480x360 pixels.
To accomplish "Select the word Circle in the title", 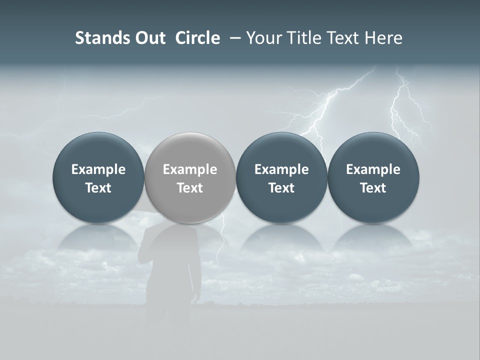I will coord(197,38).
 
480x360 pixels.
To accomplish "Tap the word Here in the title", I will coord(383,38).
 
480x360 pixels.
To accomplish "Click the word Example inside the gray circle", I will coord(190,169).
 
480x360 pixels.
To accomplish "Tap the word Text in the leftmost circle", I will coord(98,188).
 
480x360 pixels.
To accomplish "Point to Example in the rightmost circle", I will coord(373,169).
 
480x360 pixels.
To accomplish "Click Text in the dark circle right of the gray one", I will coord(281,188).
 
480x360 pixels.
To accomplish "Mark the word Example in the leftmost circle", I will coord(98,169).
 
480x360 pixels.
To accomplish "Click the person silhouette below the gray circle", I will coord(170,270).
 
